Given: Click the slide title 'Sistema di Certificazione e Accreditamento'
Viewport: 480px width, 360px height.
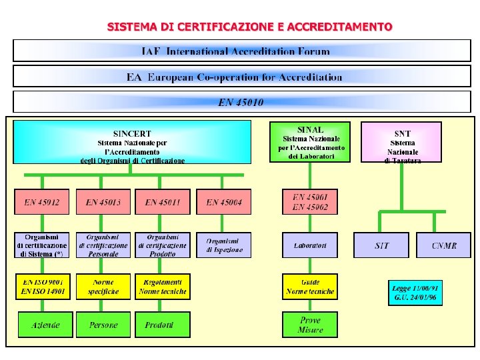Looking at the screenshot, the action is (x=250, y=27).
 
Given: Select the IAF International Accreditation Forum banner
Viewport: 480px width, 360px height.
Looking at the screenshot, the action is (x=241, y=51).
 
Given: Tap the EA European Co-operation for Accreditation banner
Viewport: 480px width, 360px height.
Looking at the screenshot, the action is (x=241, y=77).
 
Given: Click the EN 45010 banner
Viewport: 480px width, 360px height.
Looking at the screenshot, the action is (x=241, y=102).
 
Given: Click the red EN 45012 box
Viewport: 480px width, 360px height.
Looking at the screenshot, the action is (x=42, y=202).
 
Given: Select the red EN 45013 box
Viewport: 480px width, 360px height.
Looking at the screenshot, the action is (x=103, y=202).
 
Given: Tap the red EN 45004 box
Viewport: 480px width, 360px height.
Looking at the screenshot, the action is (x=228, y=202).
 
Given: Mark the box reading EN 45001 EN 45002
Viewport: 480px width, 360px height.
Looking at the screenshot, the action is (x=310, y=202).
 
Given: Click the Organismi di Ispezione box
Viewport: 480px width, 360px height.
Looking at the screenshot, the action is (x=228, y=245).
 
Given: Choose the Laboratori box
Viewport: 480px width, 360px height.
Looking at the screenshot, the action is (x=310, y=245).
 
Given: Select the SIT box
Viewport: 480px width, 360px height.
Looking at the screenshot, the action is (x=382, y=245).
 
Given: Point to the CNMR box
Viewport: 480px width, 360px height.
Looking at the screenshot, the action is (x=444, y=245).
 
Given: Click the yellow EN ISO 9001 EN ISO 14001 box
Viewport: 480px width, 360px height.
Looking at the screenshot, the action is (x=42, y=287).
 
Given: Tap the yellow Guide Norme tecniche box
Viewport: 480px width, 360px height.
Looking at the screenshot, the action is (x=310, y=287).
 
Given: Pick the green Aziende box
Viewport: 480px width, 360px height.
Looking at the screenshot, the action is (x=46, y=325).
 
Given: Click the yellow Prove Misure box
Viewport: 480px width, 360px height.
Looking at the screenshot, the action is (x=310, y=325).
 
